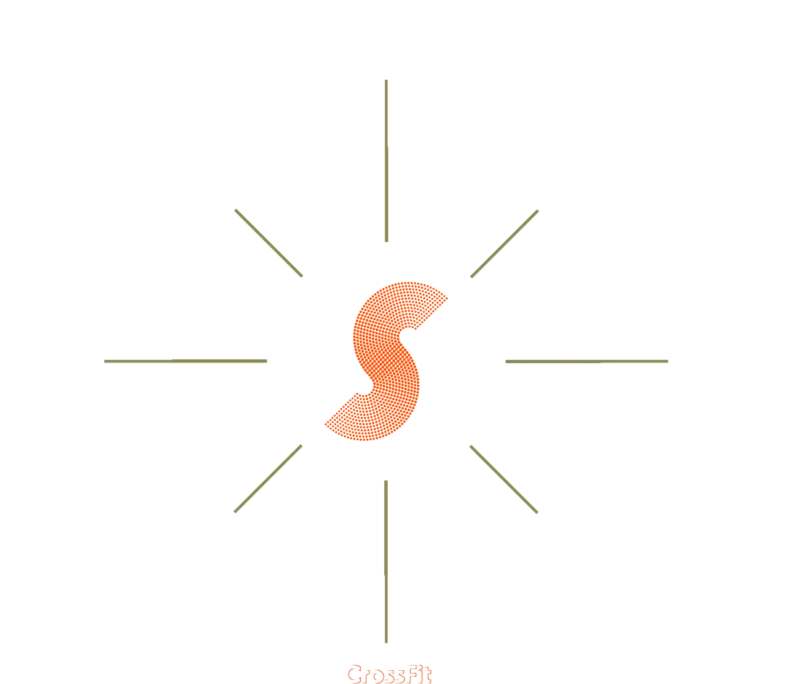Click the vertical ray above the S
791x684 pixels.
(386, 161)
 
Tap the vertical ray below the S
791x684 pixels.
(385, 560)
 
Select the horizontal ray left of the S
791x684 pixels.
(185, 361)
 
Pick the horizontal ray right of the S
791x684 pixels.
(587, 361)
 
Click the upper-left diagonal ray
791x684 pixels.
(268, 242)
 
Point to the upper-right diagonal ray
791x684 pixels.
(505, 243)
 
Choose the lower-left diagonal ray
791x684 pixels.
(268, 478)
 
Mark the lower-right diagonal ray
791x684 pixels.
(504, 478)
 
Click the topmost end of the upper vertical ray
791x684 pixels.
(386, 82)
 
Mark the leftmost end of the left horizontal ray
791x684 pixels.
(103, 361)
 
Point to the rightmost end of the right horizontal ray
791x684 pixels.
(668, 361)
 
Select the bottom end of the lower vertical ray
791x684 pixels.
(385, 641)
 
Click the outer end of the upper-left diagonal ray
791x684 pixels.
(235, 209)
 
